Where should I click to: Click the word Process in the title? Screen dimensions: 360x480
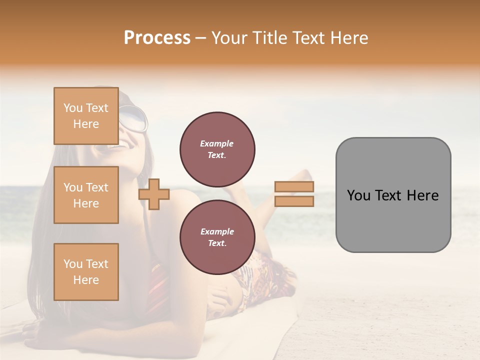157,38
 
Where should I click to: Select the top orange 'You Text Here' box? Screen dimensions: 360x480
86,116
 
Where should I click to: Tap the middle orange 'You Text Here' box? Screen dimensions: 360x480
86,195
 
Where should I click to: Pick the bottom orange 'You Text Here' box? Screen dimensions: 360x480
86,272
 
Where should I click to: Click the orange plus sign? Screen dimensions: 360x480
154,194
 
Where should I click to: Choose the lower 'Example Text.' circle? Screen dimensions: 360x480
217,237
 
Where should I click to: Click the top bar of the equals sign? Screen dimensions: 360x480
294,187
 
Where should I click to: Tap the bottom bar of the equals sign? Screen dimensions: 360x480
294,201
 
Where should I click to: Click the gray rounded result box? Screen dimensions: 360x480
393,195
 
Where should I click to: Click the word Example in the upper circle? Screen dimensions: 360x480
216,143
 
